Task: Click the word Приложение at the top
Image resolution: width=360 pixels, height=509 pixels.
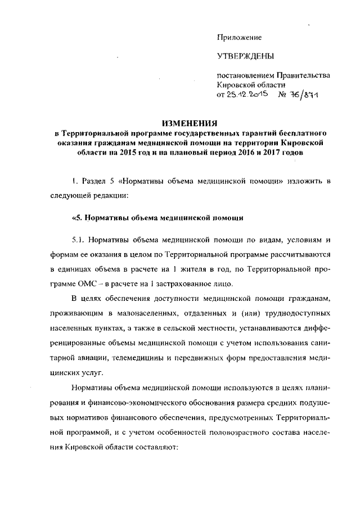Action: [x=239, y=37]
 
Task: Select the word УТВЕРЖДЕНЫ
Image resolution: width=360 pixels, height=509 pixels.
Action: [x=245, y=57]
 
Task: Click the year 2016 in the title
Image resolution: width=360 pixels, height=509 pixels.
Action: [x=242, y=153]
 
